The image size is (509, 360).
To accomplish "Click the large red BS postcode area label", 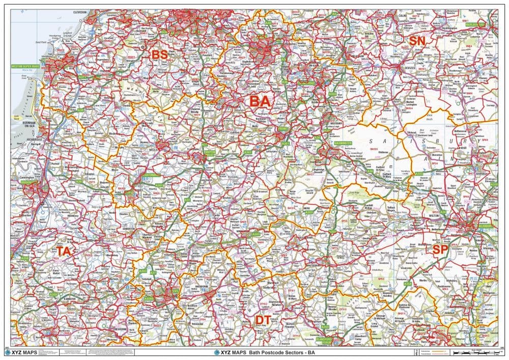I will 160,54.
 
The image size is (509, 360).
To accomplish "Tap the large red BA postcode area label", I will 260,101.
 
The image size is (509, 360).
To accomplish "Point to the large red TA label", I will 67,251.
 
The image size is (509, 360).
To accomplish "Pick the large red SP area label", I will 440,250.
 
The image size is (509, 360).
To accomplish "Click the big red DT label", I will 263,319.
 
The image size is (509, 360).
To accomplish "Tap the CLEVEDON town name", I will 80,11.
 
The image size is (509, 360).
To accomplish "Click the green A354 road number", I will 407,284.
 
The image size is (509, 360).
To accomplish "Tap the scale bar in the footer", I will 468,352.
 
